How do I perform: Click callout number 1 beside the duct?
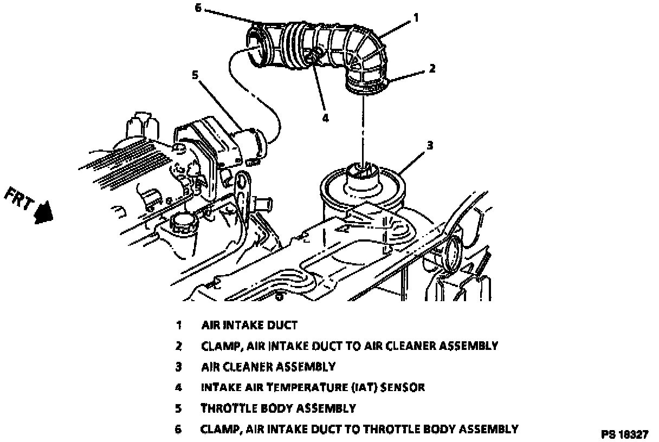(416, 17)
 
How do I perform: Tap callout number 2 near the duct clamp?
(432, 68)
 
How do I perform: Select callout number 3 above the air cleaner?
(430, 145)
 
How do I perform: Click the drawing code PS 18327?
(624, 434)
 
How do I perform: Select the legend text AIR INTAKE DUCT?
(249, 325)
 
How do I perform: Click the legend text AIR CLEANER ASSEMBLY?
(268, 367)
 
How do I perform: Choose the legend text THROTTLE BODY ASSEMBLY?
(279, 408)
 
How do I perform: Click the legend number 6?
(178, 429)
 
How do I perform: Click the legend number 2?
(178, 346)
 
